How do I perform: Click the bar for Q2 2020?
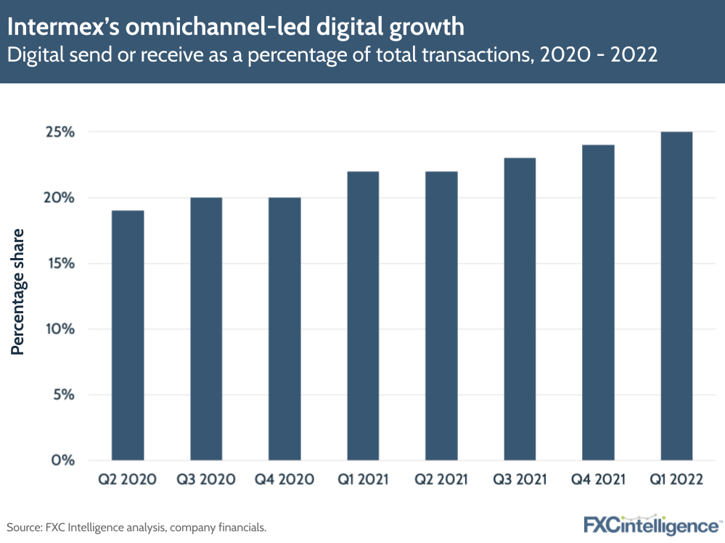(x=128, y=335)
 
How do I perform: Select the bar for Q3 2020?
(x=206, y=328)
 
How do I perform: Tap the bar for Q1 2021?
(x=363, y=315)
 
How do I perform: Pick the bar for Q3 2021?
(x=520, y=309)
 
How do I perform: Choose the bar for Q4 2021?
(x=598, y=302)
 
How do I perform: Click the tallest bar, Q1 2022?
(x=676, y=296)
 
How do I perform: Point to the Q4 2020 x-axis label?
(x=284, y=479)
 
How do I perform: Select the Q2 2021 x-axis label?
(x=441, y=479)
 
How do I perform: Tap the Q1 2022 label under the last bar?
(x=676, y=479)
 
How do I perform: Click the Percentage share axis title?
(x=18, y=291)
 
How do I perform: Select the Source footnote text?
(x=136, y=527)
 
